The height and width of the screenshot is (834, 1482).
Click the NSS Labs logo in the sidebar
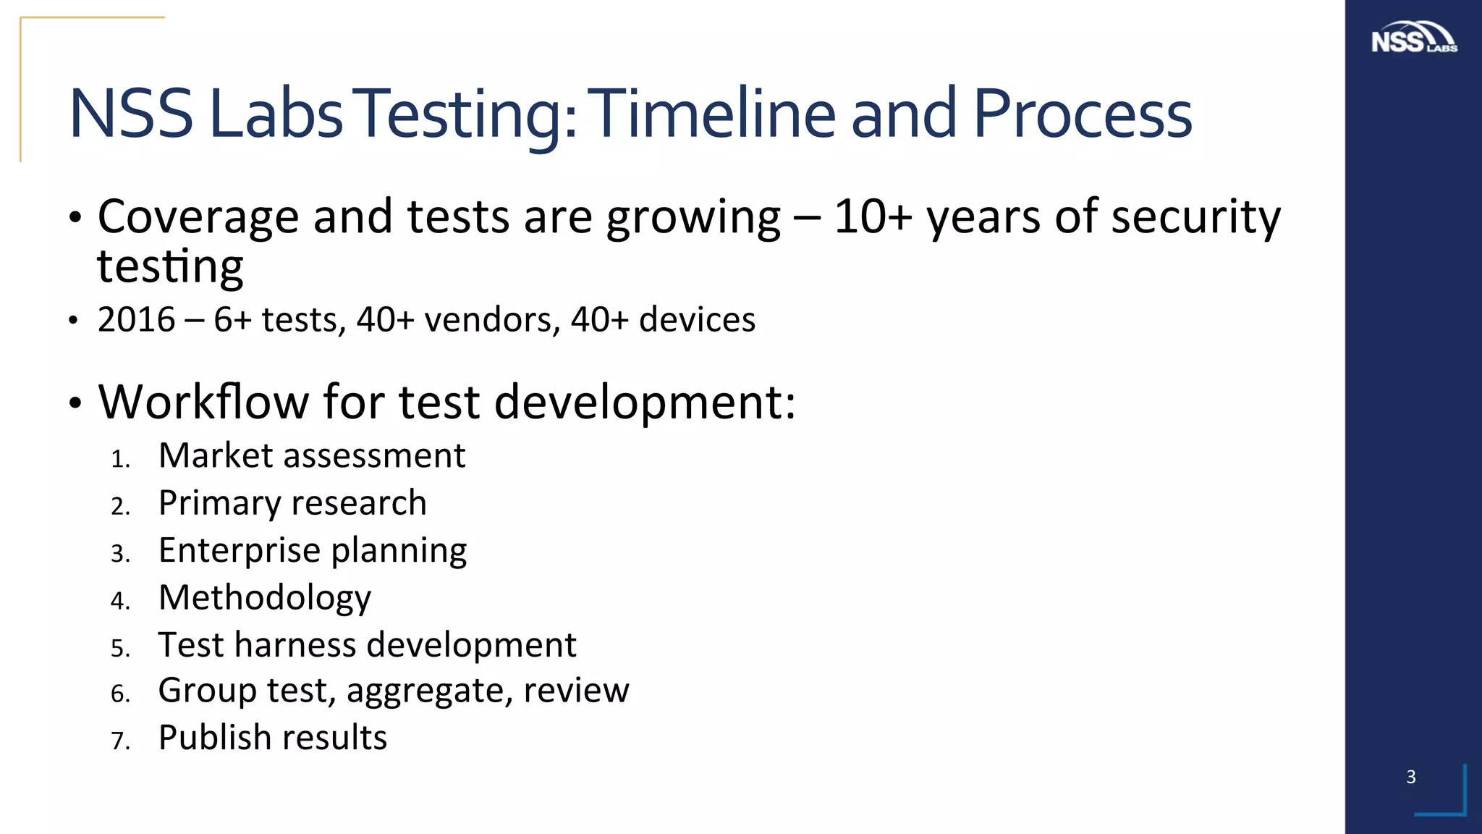pyautogui.click(x=1413, y=38)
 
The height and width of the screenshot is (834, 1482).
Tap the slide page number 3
pyautogui.click(x=1410, y=777)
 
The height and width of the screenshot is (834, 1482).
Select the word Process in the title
pyautogui.click(x=1082, y=113)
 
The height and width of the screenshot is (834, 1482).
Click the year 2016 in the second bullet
pyautogui.click(x=137, y=319)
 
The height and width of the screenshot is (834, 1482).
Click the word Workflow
pyautogui.click(x=203, y=401)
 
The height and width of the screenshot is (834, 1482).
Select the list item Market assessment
pyautogui.click(x=311, y=455)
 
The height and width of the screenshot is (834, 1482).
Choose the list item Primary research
pyautogui.click(x=292, y=502)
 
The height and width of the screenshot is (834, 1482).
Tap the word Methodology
pyautogui.click(x=265, y=598)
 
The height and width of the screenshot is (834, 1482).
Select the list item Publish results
pyautogui.click(x=273, y=738)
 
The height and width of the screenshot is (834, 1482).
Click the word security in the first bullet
pyautogui.click(x=1195, y=216)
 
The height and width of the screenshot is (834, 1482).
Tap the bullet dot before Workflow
pyautogui.click(x=75, y=405)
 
